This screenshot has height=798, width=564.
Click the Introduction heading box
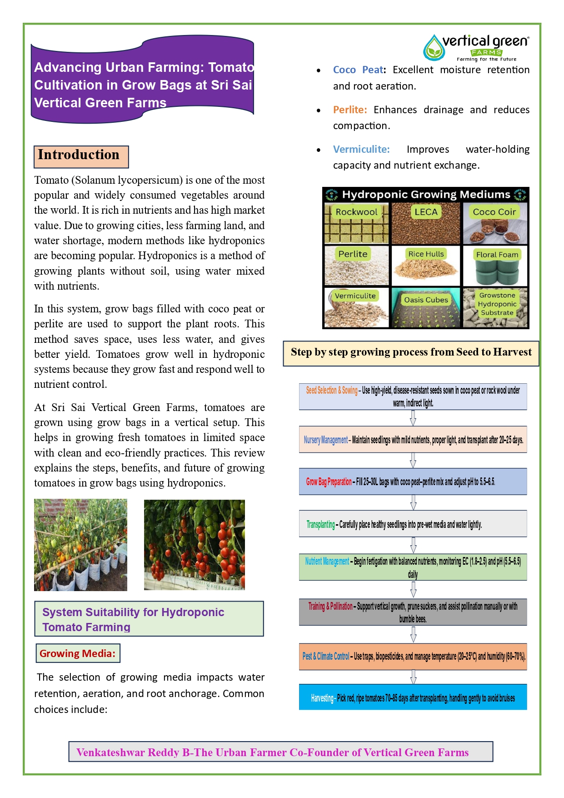point(81,156)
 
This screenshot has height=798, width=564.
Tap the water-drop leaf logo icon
point(434,48)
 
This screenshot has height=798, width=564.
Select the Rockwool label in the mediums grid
point(356,212)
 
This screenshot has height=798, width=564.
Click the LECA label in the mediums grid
point(426,212)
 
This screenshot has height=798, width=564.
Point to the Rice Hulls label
point(426,254)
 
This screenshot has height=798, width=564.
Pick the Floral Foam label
point(497,255)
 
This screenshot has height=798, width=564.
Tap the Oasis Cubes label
point(426,300)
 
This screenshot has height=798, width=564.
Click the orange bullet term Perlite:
point(349,110)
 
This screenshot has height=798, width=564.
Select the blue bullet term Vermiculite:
point(361,149)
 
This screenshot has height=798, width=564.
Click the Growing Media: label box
point(78,653)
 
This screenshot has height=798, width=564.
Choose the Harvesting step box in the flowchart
point(413,697)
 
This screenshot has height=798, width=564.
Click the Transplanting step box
point(413,524)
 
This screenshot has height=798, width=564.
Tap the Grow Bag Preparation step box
point(413,482)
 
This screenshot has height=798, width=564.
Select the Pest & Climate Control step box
point(413,656)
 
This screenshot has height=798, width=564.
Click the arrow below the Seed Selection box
point(413,418)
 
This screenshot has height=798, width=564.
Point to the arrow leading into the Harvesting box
point(413,677)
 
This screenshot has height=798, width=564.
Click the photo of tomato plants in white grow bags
point(80,545)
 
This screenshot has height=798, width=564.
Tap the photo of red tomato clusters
point(194,545)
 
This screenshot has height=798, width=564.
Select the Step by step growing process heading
point(411,352)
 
